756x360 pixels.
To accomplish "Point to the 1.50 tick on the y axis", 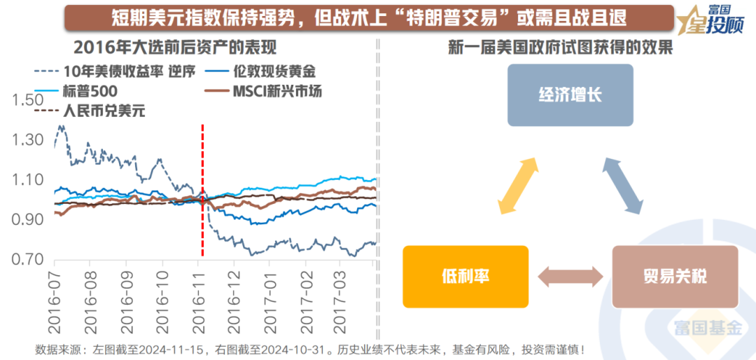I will [27, 100].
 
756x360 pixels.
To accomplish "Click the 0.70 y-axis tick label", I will [27, 261].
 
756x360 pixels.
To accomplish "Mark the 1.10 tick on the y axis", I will [27, 180].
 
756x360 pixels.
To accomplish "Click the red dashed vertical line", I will [202, 189].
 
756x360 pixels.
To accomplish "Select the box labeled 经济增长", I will [570, 95].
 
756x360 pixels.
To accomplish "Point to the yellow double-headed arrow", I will [519, 185].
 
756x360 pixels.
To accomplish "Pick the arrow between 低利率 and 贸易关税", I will [570, 275].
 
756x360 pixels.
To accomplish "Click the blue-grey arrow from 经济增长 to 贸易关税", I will [622, 185].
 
